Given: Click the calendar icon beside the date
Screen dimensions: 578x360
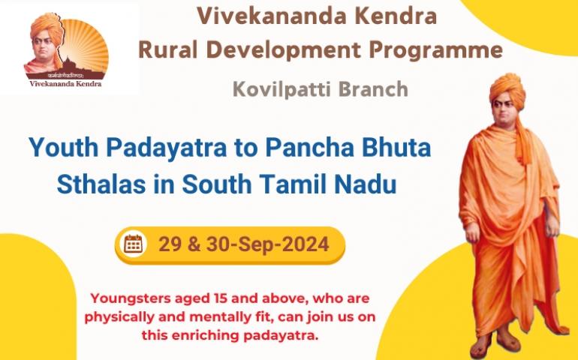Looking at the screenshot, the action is [x=134, y=244].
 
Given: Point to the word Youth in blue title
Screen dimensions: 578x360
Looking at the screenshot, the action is [x=63, y=147].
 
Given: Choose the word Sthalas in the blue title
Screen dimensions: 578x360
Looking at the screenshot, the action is [x=101, y=184].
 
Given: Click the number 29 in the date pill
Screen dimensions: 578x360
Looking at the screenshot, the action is [x=170, y=244].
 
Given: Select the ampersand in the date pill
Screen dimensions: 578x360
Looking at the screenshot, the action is [x=194, y=244].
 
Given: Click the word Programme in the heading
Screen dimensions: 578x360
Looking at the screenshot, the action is [x=435, y=51].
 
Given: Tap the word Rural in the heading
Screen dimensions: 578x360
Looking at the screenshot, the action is [x=168, y=49].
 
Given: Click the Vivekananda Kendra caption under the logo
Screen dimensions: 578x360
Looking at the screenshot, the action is [x=65, y=84].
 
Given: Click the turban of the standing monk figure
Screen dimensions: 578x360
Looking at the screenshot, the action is [x=507, y=89].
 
